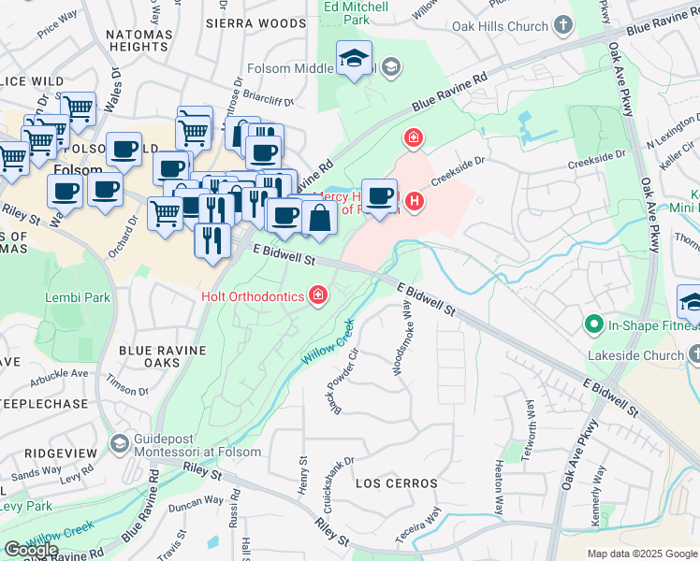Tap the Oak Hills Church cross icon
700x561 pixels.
(563, 25)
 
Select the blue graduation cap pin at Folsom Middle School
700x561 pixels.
(354, 60)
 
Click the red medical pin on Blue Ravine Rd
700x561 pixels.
(412, 139)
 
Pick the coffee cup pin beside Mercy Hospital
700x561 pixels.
(379, 196)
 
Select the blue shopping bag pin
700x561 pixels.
(319, 218)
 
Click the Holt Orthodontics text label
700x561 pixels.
(252, 296)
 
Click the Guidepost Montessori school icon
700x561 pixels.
(118, 442)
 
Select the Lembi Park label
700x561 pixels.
(78, 298)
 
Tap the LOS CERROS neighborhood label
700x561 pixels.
(396, 483)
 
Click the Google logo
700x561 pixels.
(31, 549)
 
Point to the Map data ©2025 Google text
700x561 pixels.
(641, 554)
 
